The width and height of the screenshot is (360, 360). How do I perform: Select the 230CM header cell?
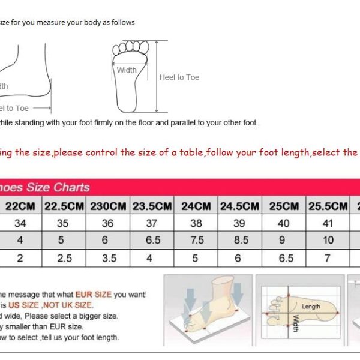108,206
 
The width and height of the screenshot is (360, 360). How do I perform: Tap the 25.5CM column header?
328,206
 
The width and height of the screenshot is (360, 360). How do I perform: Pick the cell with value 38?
196,223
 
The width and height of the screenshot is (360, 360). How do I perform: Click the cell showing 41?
328,223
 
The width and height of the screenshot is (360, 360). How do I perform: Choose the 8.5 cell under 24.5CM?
239,240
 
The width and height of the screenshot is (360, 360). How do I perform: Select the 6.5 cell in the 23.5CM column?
152,240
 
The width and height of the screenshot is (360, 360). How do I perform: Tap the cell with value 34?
20,223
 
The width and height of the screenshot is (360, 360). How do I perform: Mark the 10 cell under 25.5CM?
328,240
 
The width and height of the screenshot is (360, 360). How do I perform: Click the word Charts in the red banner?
71,187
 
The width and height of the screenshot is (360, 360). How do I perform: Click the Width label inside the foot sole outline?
127,70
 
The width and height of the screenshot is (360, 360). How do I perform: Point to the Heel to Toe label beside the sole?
179,77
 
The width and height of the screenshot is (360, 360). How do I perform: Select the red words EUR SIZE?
93,295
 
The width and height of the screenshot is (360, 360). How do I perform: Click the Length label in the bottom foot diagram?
311,307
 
